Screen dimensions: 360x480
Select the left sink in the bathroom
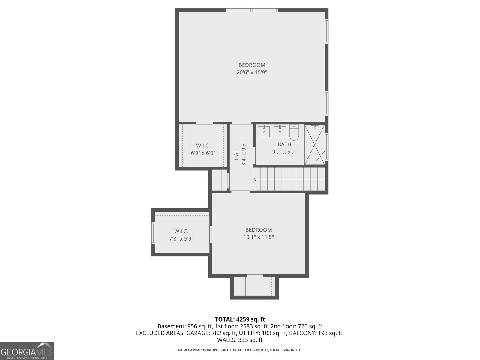(264, 131)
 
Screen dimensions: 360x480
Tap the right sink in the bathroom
(280, 131)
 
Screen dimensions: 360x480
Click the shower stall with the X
(314, 145)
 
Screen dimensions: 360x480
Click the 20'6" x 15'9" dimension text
(252, 72)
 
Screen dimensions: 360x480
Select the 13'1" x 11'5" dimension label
(259, 237)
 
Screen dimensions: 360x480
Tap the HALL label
(237, 153)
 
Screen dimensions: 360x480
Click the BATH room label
(284, 144)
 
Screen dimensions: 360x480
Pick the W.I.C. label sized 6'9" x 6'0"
(203, 145)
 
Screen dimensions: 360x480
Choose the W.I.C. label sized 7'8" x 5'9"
(181, 231)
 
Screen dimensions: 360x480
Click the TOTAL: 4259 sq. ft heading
(240, 319)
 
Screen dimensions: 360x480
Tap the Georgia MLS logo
(27, 351)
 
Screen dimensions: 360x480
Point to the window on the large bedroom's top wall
(252, 10)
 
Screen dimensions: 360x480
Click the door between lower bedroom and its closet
(211, 234)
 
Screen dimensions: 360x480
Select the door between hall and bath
(254, 155)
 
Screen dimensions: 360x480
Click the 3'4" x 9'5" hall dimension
(244, 154)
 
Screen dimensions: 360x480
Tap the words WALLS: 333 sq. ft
(240, 340)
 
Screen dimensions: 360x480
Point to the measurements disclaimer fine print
(240, 350)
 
